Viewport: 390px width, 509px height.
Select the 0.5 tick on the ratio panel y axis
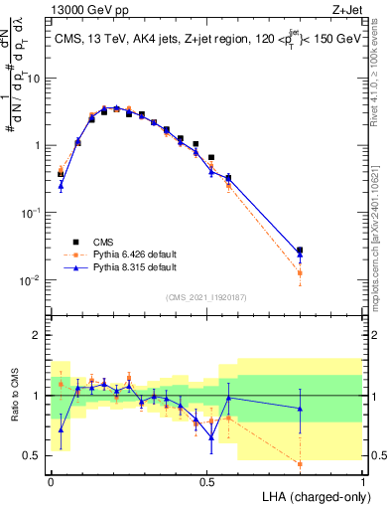tap(36, 455)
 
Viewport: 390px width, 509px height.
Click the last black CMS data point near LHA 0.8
tap(300, 251)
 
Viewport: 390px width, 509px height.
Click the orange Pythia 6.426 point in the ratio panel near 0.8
tap(300, 463)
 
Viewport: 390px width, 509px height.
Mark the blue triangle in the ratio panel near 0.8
tap(300, 409)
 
